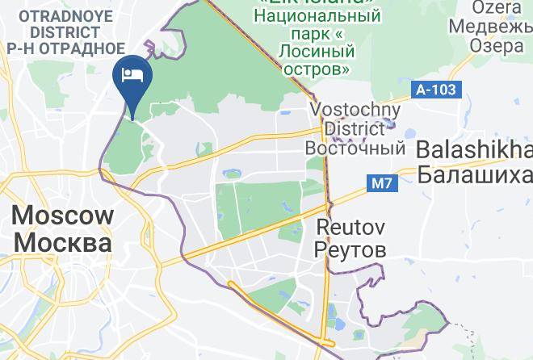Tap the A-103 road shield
436,90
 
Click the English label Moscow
62,216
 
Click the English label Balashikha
475,151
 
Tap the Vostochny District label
355,119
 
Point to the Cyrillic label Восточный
355,149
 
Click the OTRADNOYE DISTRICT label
65,25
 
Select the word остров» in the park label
317,69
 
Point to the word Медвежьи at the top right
486,27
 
